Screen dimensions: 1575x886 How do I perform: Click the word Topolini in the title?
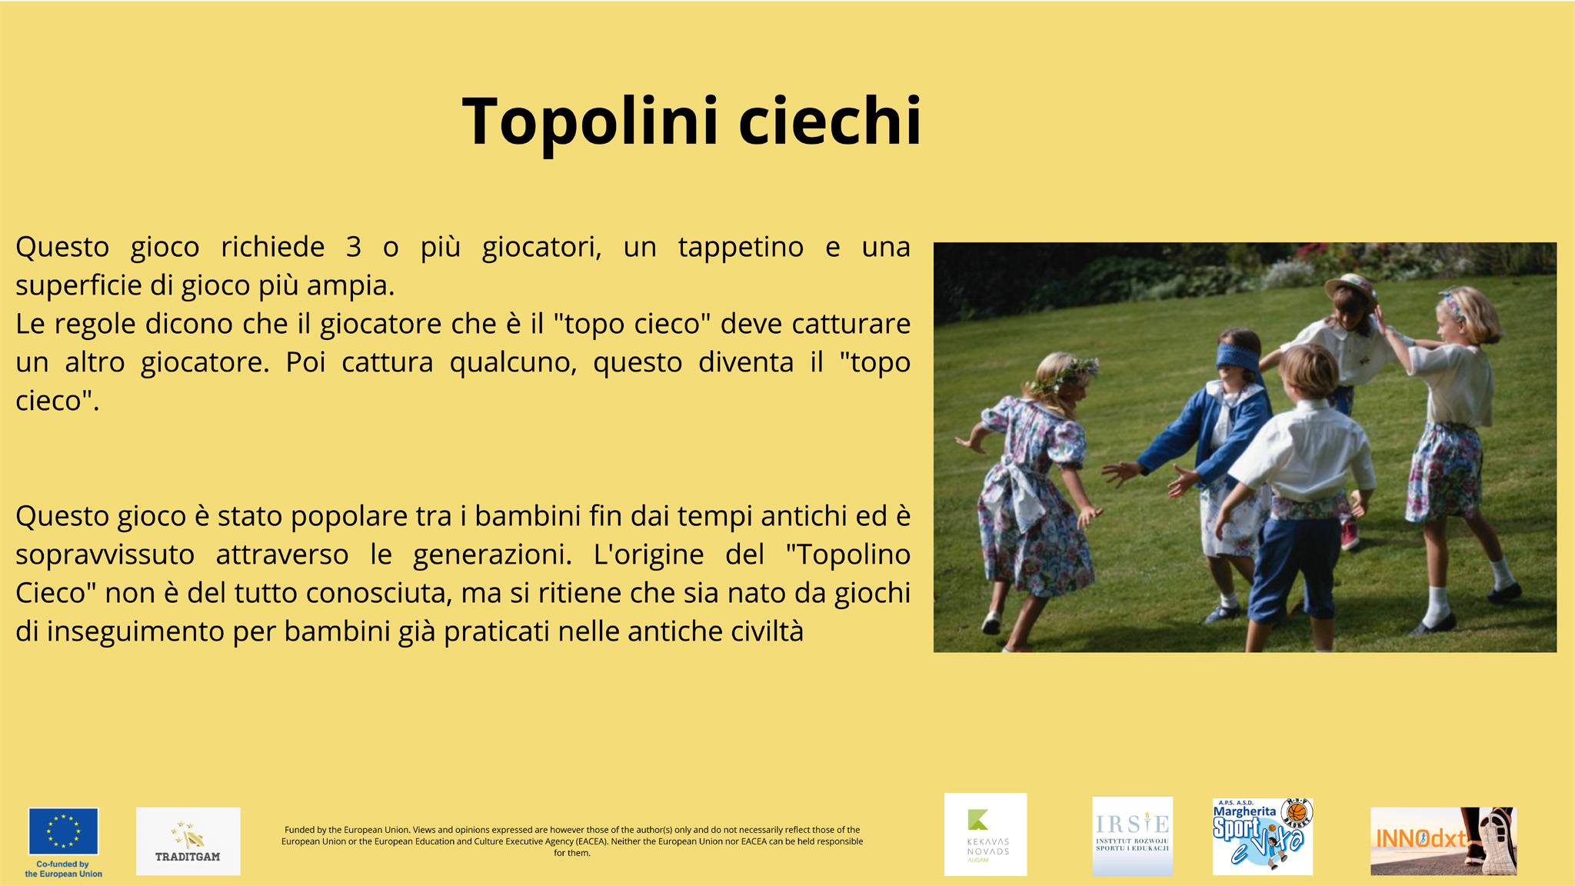591,121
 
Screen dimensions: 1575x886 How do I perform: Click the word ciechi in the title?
830,121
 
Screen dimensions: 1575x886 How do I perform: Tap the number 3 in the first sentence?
354,247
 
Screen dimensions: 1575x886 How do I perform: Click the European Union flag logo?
63,831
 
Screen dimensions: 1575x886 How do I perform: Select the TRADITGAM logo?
188,841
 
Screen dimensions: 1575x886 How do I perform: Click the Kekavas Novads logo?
985,834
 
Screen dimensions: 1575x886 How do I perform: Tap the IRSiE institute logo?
1132,836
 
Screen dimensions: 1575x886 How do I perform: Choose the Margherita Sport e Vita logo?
1263,836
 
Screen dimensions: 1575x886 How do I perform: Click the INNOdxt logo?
1443,841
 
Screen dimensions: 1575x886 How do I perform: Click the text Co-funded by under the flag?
63,864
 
